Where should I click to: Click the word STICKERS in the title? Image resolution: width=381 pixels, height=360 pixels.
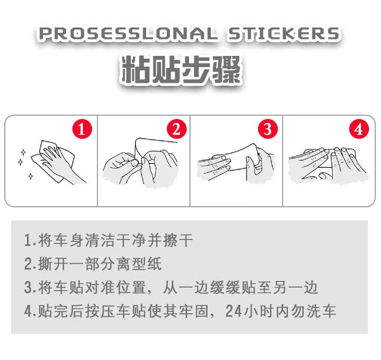284,34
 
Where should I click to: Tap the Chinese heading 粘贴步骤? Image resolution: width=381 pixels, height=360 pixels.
180,70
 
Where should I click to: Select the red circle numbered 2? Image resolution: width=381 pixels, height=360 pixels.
176,129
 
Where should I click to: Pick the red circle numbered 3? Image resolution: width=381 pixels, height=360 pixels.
268,129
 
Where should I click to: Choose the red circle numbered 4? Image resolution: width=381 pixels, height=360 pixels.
358,129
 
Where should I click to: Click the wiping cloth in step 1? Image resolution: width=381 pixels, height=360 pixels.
52,161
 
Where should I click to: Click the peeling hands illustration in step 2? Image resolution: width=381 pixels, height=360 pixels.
142,164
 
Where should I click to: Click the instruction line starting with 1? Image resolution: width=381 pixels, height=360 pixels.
109,240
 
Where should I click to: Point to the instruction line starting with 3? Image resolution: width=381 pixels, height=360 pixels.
171,287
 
